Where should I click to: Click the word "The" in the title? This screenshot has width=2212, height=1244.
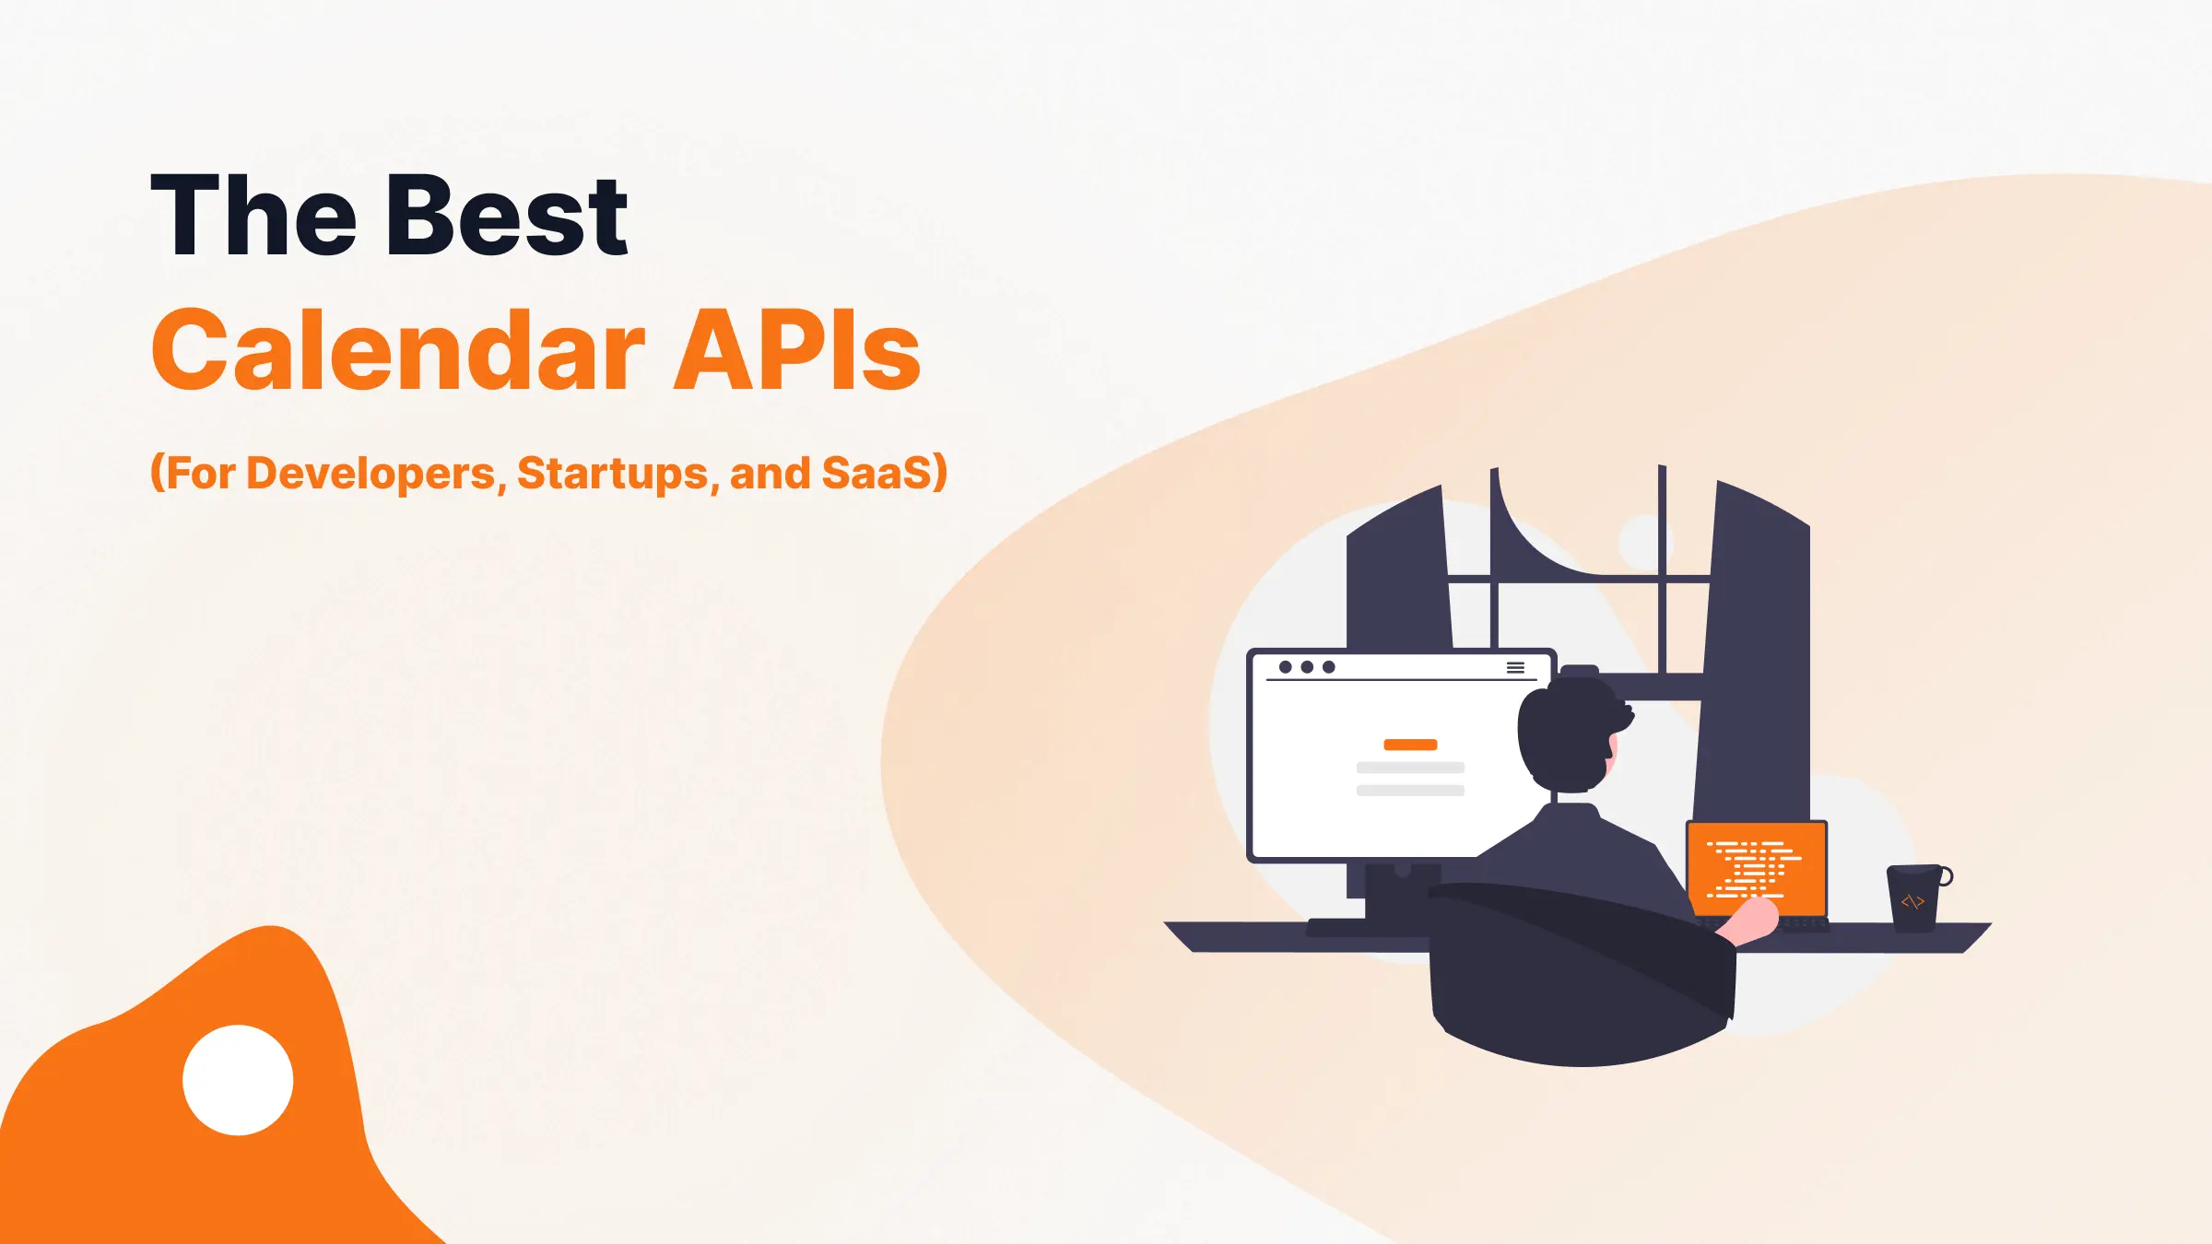point(253,217)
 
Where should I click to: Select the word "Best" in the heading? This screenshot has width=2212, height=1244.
point(508,217)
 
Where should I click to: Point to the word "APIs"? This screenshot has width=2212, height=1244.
point(797,351)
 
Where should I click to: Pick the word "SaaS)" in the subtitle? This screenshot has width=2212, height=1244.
point(884,474)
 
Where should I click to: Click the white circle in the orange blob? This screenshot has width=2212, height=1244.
point(238,1080)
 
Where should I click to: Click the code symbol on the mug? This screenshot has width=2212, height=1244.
point(1912,901)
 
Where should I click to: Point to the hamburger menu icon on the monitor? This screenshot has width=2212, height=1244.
point(1515,667)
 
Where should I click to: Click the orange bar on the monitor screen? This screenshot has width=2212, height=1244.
point(1410,745)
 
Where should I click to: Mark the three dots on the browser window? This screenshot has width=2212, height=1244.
point(1307,667)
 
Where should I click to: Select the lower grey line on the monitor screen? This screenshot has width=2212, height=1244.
point(1410,791)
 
